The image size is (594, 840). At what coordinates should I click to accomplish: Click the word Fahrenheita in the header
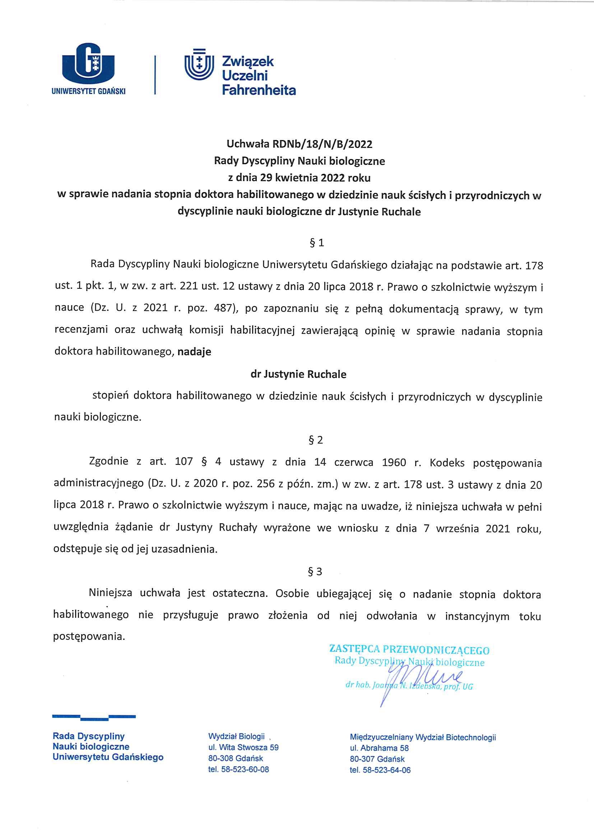[x=259, y=90]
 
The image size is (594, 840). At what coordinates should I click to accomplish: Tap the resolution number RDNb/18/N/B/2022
[x=322, y=144]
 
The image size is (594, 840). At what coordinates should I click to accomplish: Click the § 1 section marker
[x=317, y=243]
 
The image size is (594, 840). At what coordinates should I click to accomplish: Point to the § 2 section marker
[x=316, y=440]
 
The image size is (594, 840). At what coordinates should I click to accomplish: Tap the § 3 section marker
[x=315, y=572]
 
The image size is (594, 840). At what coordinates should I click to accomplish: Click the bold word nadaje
[x=194, y=352]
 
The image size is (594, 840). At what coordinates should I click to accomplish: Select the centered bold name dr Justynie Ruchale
[x=298, y=374]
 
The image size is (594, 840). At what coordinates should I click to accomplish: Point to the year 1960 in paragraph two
[x=394, y=463]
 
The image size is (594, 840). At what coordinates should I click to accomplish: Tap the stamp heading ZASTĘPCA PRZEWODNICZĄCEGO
[x=409, y=650]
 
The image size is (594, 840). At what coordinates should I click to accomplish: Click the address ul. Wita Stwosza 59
[x=243, y=747]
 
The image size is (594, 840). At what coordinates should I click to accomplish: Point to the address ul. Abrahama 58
[x=379, y=748]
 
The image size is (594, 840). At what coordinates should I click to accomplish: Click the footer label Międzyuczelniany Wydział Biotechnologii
[x=422, y=737]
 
